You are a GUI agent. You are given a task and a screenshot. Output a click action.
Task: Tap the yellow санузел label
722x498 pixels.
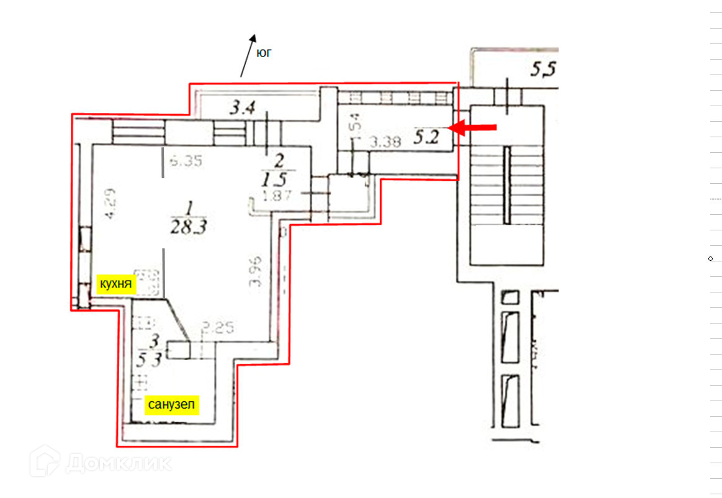(x=171, y=405)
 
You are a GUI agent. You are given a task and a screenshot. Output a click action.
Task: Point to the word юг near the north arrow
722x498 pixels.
(x=264, y=53)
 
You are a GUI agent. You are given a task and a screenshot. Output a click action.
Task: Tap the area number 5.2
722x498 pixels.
(x=426, y=137)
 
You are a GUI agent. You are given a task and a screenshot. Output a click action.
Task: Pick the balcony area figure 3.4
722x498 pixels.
(x=242, y=109)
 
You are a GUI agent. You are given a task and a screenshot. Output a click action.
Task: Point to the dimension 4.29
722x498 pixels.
(x=109, y=205)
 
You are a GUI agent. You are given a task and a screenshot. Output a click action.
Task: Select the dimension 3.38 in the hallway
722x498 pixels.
(x=384, y=142)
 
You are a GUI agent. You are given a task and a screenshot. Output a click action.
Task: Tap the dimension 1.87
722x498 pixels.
(x=278, y=197)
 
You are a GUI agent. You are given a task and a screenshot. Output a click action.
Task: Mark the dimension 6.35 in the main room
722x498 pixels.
(x=185, y=161)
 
